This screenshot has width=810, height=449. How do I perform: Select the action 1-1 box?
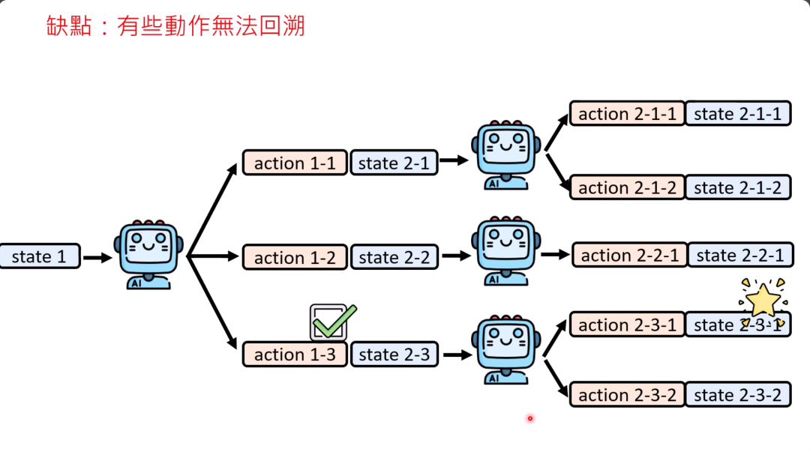(x=295, y=163)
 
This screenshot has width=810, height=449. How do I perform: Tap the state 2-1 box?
(x=394, y=163)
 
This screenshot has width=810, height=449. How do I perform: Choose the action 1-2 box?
(x=295, y=257)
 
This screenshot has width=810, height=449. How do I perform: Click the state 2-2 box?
(x=394, y=257)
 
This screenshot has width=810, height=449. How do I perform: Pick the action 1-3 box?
(x=295, y=354)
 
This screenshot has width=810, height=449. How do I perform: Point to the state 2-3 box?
(x=394, y=354)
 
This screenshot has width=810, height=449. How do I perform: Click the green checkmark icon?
(x=332, y=322)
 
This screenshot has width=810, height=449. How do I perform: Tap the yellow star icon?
(x=763, y=299)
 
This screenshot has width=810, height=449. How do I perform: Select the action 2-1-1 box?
(x=627, y=113)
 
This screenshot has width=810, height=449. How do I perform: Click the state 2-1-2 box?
(x=738, y=187)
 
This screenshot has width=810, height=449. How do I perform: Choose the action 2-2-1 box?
(x=629, y=255)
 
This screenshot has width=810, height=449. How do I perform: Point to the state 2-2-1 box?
(x=740, y=255)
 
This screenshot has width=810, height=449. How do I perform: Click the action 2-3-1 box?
(x=627, y=325)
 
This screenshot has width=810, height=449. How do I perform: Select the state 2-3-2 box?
(x=738, y=394)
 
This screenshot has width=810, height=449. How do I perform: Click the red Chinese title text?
(x=175, y=25)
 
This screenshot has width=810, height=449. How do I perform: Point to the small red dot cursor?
(x=529, y=418)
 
